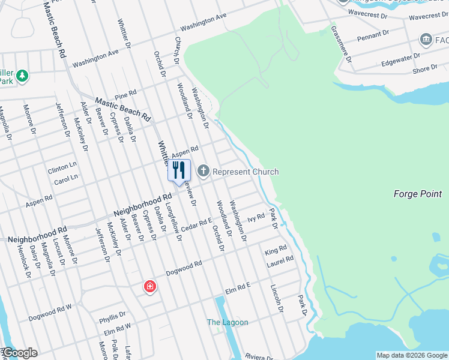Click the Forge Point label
[418, 194]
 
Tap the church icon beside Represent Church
[203, 172]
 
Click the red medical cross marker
[149, 287]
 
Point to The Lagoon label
[228, 322]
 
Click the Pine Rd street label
[125, 94]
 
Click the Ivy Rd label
[256, 217]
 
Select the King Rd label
[276, 248]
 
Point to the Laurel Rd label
[281, 260]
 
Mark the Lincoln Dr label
[276, 298]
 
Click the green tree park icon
[22, 76]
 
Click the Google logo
[19, 353]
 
